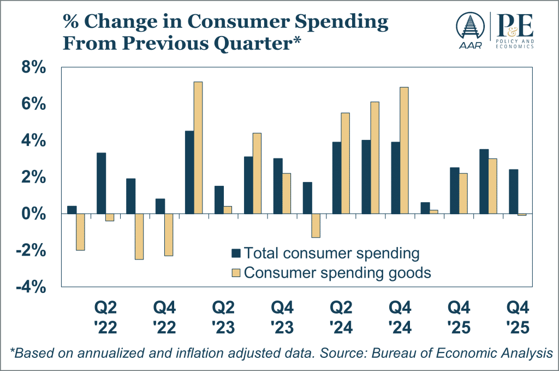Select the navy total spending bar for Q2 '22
pos(101,183)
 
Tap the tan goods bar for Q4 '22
pos(169,234)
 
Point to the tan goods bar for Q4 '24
pos(404,150)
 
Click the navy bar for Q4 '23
pos(278,186)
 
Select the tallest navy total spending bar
pos(189,172)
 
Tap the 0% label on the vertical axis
pos(34,214)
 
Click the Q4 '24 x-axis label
pos(400,317)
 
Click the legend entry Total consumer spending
pos(331,253)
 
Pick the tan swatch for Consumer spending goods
pos(236,272)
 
